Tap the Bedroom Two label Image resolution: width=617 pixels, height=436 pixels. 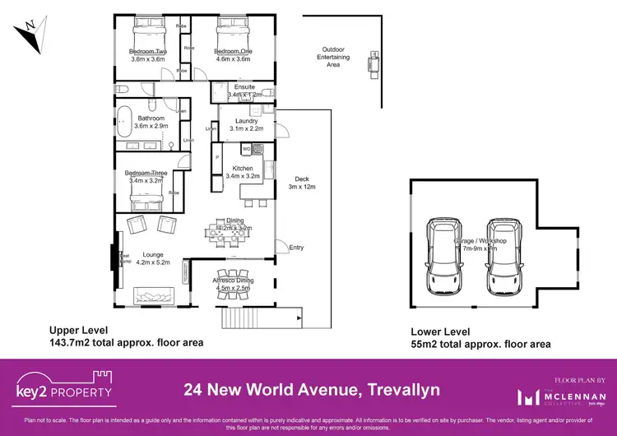(x=148, y=51)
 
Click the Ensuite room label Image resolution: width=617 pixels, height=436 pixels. (x=244, y=86)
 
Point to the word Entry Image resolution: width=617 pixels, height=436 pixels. (x=296, y=246)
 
